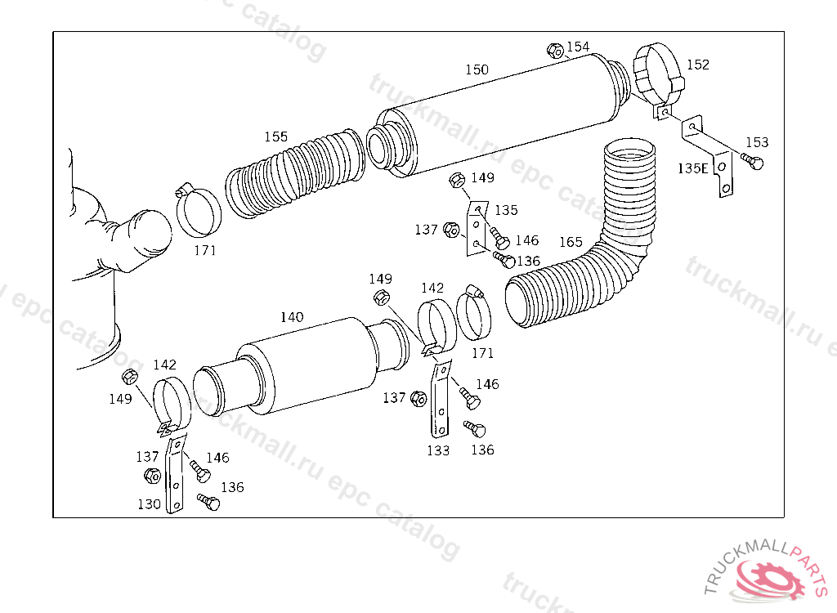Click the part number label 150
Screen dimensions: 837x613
click(477, 70)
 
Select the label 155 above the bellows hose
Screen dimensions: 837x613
click(275, 136)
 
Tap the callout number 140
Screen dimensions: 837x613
click(292, 317)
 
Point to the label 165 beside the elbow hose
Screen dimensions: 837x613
click(571, 242)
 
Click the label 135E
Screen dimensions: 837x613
click(692, 168)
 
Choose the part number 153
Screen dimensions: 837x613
click(757, 143)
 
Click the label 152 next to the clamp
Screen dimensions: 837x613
click(697, 65)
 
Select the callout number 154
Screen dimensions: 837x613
click(578, 47)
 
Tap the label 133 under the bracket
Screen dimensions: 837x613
click(437, 450)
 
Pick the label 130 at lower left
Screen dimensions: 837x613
click(149, 504)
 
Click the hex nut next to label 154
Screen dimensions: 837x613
click(554, 51)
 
